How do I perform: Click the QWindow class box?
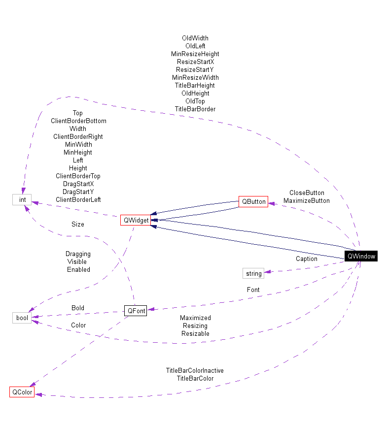coord(361,256)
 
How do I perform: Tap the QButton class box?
coord(253,201)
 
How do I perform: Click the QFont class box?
coord(135,311)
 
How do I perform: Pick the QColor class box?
coord(22,392)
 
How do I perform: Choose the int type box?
coord(22,199)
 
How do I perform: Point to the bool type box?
coord(22,318)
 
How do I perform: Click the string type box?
coord(253,273)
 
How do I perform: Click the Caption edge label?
coord(306,259)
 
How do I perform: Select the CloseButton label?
coord(306,193)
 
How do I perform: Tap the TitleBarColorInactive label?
coord(195,371)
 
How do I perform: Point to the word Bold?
coord(78,308)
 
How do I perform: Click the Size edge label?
coord(78,224)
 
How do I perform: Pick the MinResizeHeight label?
coord(195,54)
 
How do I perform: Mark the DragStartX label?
coord(78,184)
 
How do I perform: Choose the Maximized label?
coord(195,318)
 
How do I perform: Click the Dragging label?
coord(78,254)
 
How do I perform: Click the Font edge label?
coord(253,290)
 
